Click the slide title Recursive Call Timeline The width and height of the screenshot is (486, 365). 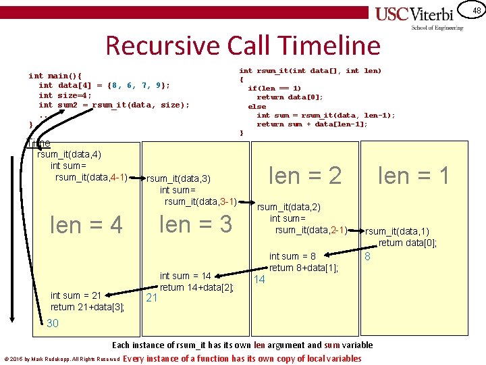point(243,45)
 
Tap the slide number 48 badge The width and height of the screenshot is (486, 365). point(476,10)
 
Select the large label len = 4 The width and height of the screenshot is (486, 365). point(87,225)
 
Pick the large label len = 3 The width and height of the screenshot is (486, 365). point(196,224)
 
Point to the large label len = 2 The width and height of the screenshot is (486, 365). point(305,176)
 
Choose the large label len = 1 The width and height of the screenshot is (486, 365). point(413,176)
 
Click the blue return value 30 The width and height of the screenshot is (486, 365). point(53,323)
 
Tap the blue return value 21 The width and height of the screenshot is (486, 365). point(152,298)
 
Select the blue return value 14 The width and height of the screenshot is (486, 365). point(259,279)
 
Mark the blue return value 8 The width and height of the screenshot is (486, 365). point(367,258)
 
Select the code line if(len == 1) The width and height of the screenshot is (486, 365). point(274,88)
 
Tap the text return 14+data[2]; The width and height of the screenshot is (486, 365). point(196,287)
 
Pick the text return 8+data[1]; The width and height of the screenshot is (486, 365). point(303,268)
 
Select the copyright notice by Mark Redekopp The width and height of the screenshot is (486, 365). point(61,359)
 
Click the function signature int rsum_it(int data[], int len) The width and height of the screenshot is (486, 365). point(310,70)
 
